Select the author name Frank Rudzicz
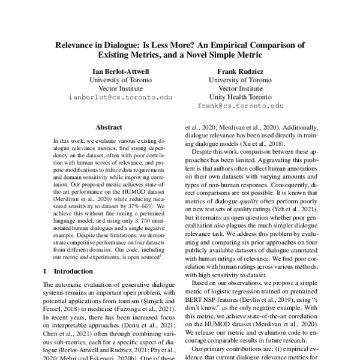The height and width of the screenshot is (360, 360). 240,70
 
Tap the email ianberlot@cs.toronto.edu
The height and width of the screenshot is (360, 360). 119,97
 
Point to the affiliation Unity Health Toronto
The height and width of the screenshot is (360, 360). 240,96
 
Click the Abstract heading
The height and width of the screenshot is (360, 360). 109,127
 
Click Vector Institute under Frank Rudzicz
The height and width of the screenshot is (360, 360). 240,88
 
